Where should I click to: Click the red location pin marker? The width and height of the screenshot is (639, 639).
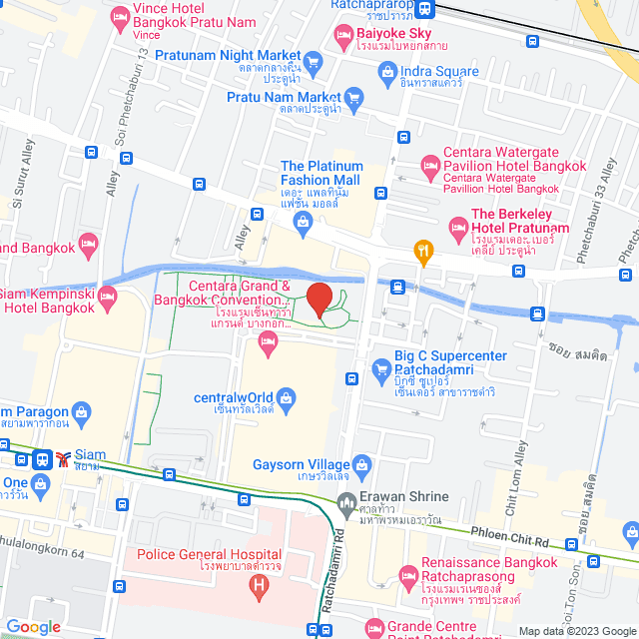tap(319, 299)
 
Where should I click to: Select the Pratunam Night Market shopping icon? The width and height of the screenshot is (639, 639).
tap(314, 62)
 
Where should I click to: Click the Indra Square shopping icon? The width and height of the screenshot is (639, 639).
tap(386, 72)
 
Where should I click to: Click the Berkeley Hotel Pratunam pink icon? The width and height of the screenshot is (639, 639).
tap(457, 228)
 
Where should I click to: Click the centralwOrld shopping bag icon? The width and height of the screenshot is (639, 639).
tap(286, 397)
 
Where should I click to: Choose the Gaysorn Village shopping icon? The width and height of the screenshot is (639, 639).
tap(360, 464)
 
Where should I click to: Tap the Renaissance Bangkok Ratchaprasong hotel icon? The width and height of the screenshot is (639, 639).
tap(407, 576)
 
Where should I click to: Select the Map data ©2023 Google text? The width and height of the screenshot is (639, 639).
tap(575, 631)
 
